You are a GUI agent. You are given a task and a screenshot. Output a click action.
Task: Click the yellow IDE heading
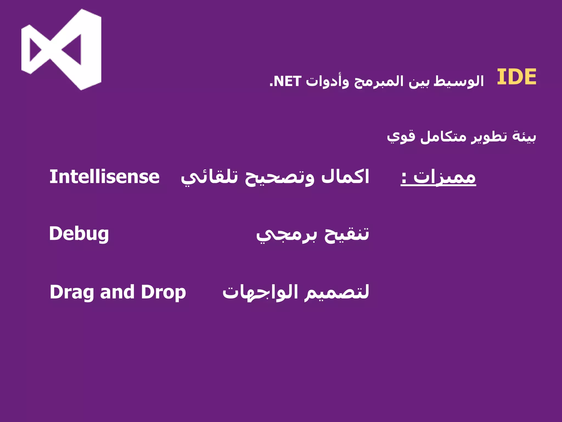[516, 77]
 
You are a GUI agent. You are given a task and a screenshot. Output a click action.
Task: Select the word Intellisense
[104, 177]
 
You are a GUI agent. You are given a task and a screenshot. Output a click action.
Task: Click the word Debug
[79, 234]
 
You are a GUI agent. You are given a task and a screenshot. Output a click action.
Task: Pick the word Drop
[163, 292]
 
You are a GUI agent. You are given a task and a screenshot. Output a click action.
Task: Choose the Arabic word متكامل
[443, 137]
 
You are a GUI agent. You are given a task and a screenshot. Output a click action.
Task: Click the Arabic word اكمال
[345, 177]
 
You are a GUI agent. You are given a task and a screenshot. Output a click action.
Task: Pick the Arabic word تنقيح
[347, 234]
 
